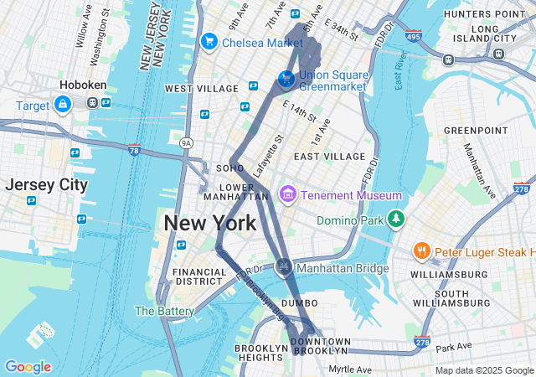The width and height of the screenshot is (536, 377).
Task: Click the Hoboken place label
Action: point(81,85)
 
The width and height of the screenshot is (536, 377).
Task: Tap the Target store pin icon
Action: point(62,105)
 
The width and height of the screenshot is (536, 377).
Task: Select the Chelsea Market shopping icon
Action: point(209,41)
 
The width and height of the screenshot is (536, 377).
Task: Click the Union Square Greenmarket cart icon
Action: point(286,79)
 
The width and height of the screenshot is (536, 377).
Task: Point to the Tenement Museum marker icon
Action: point(288,194)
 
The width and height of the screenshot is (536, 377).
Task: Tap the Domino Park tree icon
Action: point(395,219)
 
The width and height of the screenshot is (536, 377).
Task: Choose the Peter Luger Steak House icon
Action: point(422,251)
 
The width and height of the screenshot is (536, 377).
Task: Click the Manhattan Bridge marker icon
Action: point(283,267)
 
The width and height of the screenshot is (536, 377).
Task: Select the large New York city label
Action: point(209,224)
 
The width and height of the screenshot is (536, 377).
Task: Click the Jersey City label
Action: point(45,185)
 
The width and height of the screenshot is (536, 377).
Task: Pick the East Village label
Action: point(329,157)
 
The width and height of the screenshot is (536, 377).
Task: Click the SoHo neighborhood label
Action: point(229,168)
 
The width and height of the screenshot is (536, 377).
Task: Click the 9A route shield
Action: point(186,144)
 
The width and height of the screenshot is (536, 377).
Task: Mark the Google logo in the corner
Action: point(28,366)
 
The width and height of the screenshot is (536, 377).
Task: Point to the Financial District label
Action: point(199,277)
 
